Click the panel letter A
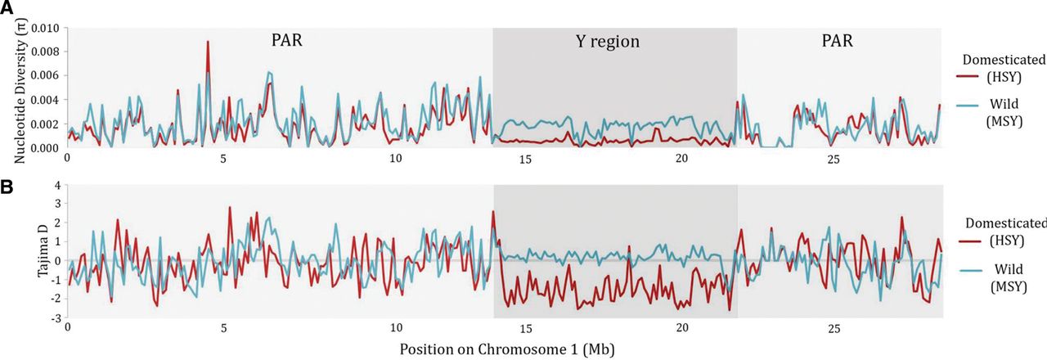(x=7, y=7)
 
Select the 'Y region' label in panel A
(x=614, y=42)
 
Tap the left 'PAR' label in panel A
(x=287, y=40)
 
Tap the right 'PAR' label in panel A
(x=837, y=40)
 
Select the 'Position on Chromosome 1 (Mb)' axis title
(x=507, y=349)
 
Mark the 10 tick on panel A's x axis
(x=396, y=158)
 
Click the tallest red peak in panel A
(x=208, y=42)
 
